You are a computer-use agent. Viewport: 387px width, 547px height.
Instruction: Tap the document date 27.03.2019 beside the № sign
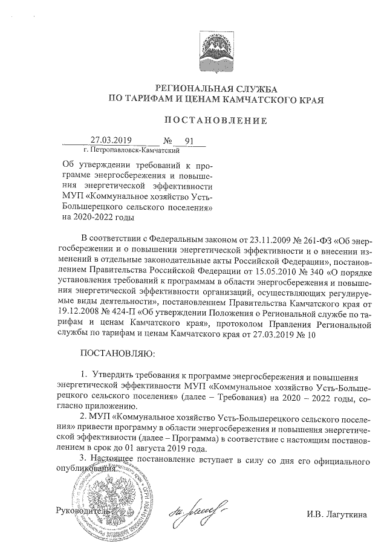coord(111,142)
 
